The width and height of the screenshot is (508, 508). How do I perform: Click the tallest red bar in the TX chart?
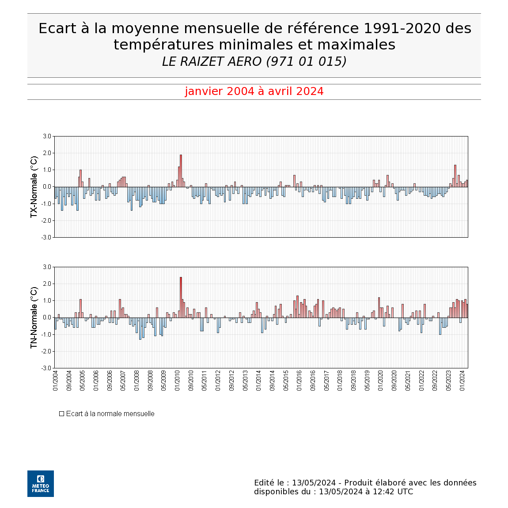[181, 171]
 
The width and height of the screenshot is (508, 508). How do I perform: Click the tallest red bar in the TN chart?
[181, 297]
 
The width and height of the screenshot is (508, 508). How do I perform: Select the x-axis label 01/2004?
[55, 380]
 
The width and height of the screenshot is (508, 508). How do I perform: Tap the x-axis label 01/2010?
[177, 380]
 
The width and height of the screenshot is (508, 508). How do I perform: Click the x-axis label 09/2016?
[313, 380]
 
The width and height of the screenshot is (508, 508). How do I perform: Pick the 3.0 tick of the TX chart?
[47, 136]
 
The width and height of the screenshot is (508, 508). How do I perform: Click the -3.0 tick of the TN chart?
[46, 368]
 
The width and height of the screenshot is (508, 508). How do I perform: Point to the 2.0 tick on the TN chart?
[47, 284]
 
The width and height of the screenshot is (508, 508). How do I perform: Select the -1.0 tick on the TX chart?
[46, 204]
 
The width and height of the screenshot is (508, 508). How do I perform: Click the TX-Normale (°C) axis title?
[34, 187]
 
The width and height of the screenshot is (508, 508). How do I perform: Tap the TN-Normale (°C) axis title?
[34, 318]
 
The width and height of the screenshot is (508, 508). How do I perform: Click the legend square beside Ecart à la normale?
[61, 414]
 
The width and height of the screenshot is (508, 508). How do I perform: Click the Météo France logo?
[41, 484]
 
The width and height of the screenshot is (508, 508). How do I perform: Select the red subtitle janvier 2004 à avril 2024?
[254, 91]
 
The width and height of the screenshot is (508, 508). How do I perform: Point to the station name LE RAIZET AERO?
[212, 61]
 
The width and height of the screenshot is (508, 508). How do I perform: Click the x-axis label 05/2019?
[367, 380]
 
